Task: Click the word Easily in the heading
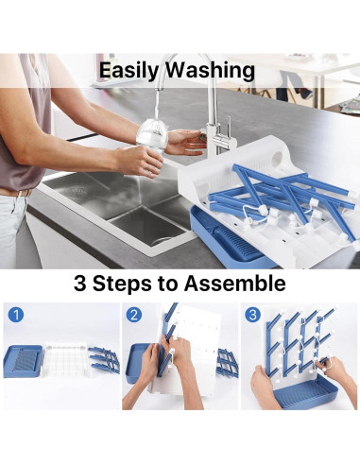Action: tap(129, 71)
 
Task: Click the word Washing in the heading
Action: tap(210, 71)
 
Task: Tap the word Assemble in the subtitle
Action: tap(234, 283)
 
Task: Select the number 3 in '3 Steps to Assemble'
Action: tap(80, 283)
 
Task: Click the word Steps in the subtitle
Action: tap(122, 284)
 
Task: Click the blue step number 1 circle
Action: tap(16, 315)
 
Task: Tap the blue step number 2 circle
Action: tap(134, 315)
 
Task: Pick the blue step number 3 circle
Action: tap(252, 315)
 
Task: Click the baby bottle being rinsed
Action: tap(153, 136)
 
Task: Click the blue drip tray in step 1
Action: tap(23, 361)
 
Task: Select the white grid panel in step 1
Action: tap(66, 358)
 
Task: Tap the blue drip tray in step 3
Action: tap(305, 391)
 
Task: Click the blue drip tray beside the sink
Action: tap(229, 238)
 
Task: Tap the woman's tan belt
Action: tap(15, 193)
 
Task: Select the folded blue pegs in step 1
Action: tap(104, 359)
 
